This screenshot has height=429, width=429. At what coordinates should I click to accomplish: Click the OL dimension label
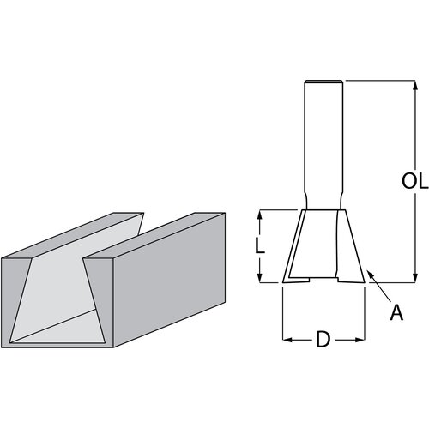415,182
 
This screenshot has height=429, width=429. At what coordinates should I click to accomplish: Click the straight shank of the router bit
325,137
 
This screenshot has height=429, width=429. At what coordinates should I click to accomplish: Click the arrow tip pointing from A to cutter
369,273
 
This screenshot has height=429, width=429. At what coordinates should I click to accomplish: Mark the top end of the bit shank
325,82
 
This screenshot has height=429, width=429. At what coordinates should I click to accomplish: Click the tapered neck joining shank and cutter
324,203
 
